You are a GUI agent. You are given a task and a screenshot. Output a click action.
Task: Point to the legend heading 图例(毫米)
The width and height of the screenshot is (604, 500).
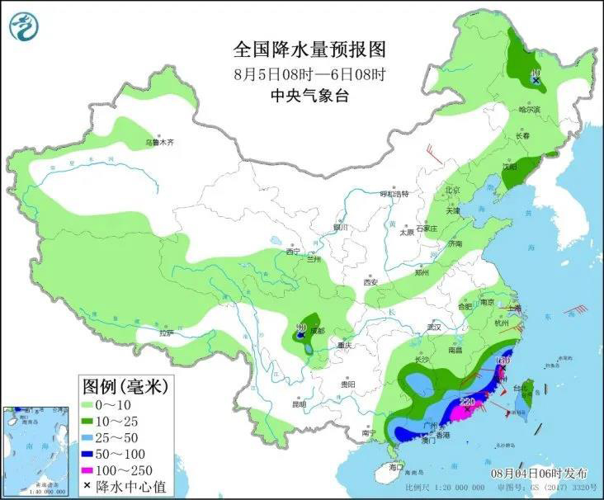tap(124, 385)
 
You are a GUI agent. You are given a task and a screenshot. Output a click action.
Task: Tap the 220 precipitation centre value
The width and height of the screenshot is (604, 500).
tap(467, 403)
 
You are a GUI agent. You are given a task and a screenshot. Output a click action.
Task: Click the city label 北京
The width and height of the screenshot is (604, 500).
tap(453, 189)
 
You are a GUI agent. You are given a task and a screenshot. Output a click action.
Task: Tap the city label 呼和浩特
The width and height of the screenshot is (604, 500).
tap(394, 194)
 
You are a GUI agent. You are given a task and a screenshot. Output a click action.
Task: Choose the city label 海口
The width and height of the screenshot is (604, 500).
tap(396, 467)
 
